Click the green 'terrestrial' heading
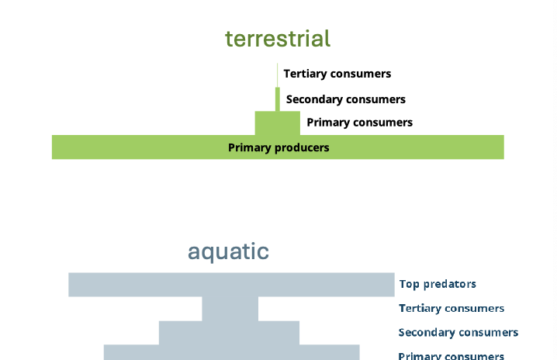(x=278, y=39)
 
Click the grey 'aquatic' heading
(x=228, y=251)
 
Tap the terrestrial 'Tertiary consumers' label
(x=337, y=74)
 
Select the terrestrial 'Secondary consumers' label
(x=346, y=99)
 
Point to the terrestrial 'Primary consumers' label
(x=360, y=123)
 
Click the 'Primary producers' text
(x=278, y=147)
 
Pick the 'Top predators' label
(x=438, y=284)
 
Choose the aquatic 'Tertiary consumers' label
(x=451, y=308)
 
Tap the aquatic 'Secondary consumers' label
(x=458, y=333)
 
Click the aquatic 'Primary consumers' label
(x=451, y=355)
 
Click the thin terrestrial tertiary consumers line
(x=277, y=74)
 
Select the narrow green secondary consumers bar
(x=277, y=99)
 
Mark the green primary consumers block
(x=277, y=123)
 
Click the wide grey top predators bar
(x=231, y=285)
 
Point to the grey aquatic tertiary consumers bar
(x=230, y=309)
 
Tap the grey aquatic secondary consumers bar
(x=229, y=333)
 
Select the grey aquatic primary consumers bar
(x=231, y=352)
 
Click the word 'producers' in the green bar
(x=302, y=147)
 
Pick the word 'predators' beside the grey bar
(x=449, y=284)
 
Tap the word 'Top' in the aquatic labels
(x=409, y=284)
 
